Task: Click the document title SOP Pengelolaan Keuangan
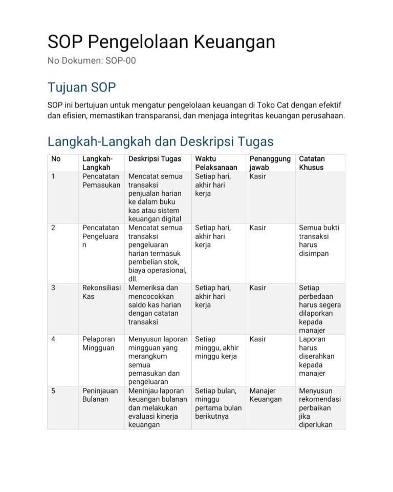click(x=161, y=42)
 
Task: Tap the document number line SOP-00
click(x=92, y=61)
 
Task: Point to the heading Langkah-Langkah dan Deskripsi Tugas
click(x=160, y=141)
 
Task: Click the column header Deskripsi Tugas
click(x=155, y=159)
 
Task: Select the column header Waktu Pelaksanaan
click(x=216, y=163)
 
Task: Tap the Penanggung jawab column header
click(x=270, y=163)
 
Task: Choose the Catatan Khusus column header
click(x=312, y=163)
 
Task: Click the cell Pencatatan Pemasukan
click(x=101, y=180)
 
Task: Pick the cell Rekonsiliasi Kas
click(x=100, y=292)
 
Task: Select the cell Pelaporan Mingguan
click(x=98, y=343)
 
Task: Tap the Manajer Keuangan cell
click(x=266, y=395)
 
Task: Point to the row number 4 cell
click(x=53, y=339)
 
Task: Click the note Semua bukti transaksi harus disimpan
click(x=319, y=240)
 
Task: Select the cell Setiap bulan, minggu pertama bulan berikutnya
click(x=218, y=403)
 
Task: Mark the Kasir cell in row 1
click(x=258, y=176)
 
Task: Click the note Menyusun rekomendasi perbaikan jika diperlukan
click(x=320, y=407)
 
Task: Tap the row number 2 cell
click(x=53, y=228)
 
